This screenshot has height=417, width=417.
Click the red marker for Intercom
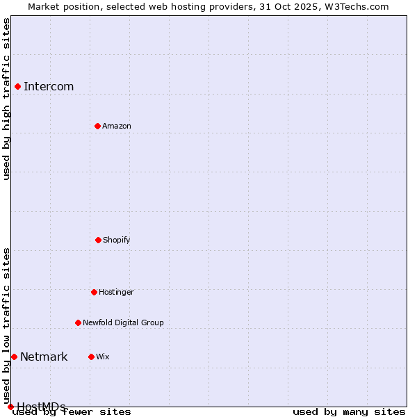coord(17,86)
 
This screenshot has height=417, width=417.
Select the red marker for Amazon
coord(97,126)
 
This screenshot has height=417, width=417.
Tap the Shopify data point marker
coord(98,240)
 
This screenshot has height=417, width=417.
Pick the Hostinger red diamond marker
coord(94,292)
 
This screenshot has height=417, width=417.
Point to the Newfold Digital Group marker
coord(78,322)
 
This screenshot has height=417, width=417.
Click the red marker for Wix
coord(91,357)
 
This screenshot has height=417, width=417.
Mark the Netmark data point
coord(14,357)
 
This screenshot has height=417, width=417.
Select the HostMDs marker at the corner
coord(10,407)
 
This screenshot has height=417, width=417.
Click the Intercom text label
coord(49,86)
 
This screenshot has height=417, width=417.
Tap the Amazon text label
coord(117,126)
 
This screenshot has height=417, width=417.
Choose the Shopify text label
coord(117,240)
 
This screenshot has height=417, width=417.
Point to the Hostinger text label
coord(116,292)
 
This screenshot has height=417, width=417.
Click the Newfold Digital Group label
coord(123,322)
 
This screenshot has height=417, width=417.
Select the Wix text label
coord(103,357)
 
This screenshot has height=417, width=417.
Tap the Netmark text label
coord(44,357)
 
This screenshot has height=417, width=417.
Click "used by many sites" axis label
coord(349,411)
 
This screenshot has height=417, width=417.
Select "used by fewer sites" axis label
coord(72,411)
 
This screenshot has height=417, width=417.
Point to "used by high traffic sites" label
coord(6,99)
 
